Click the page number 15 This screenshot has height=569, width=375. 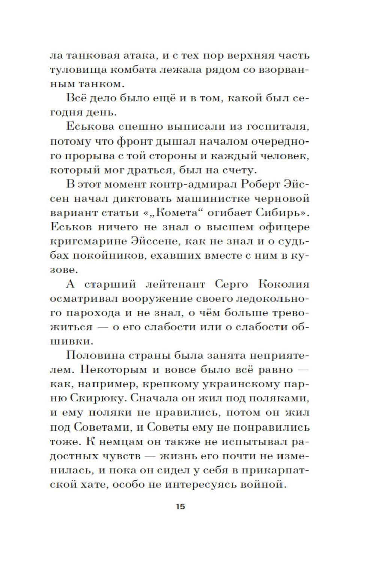point(180,507)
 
